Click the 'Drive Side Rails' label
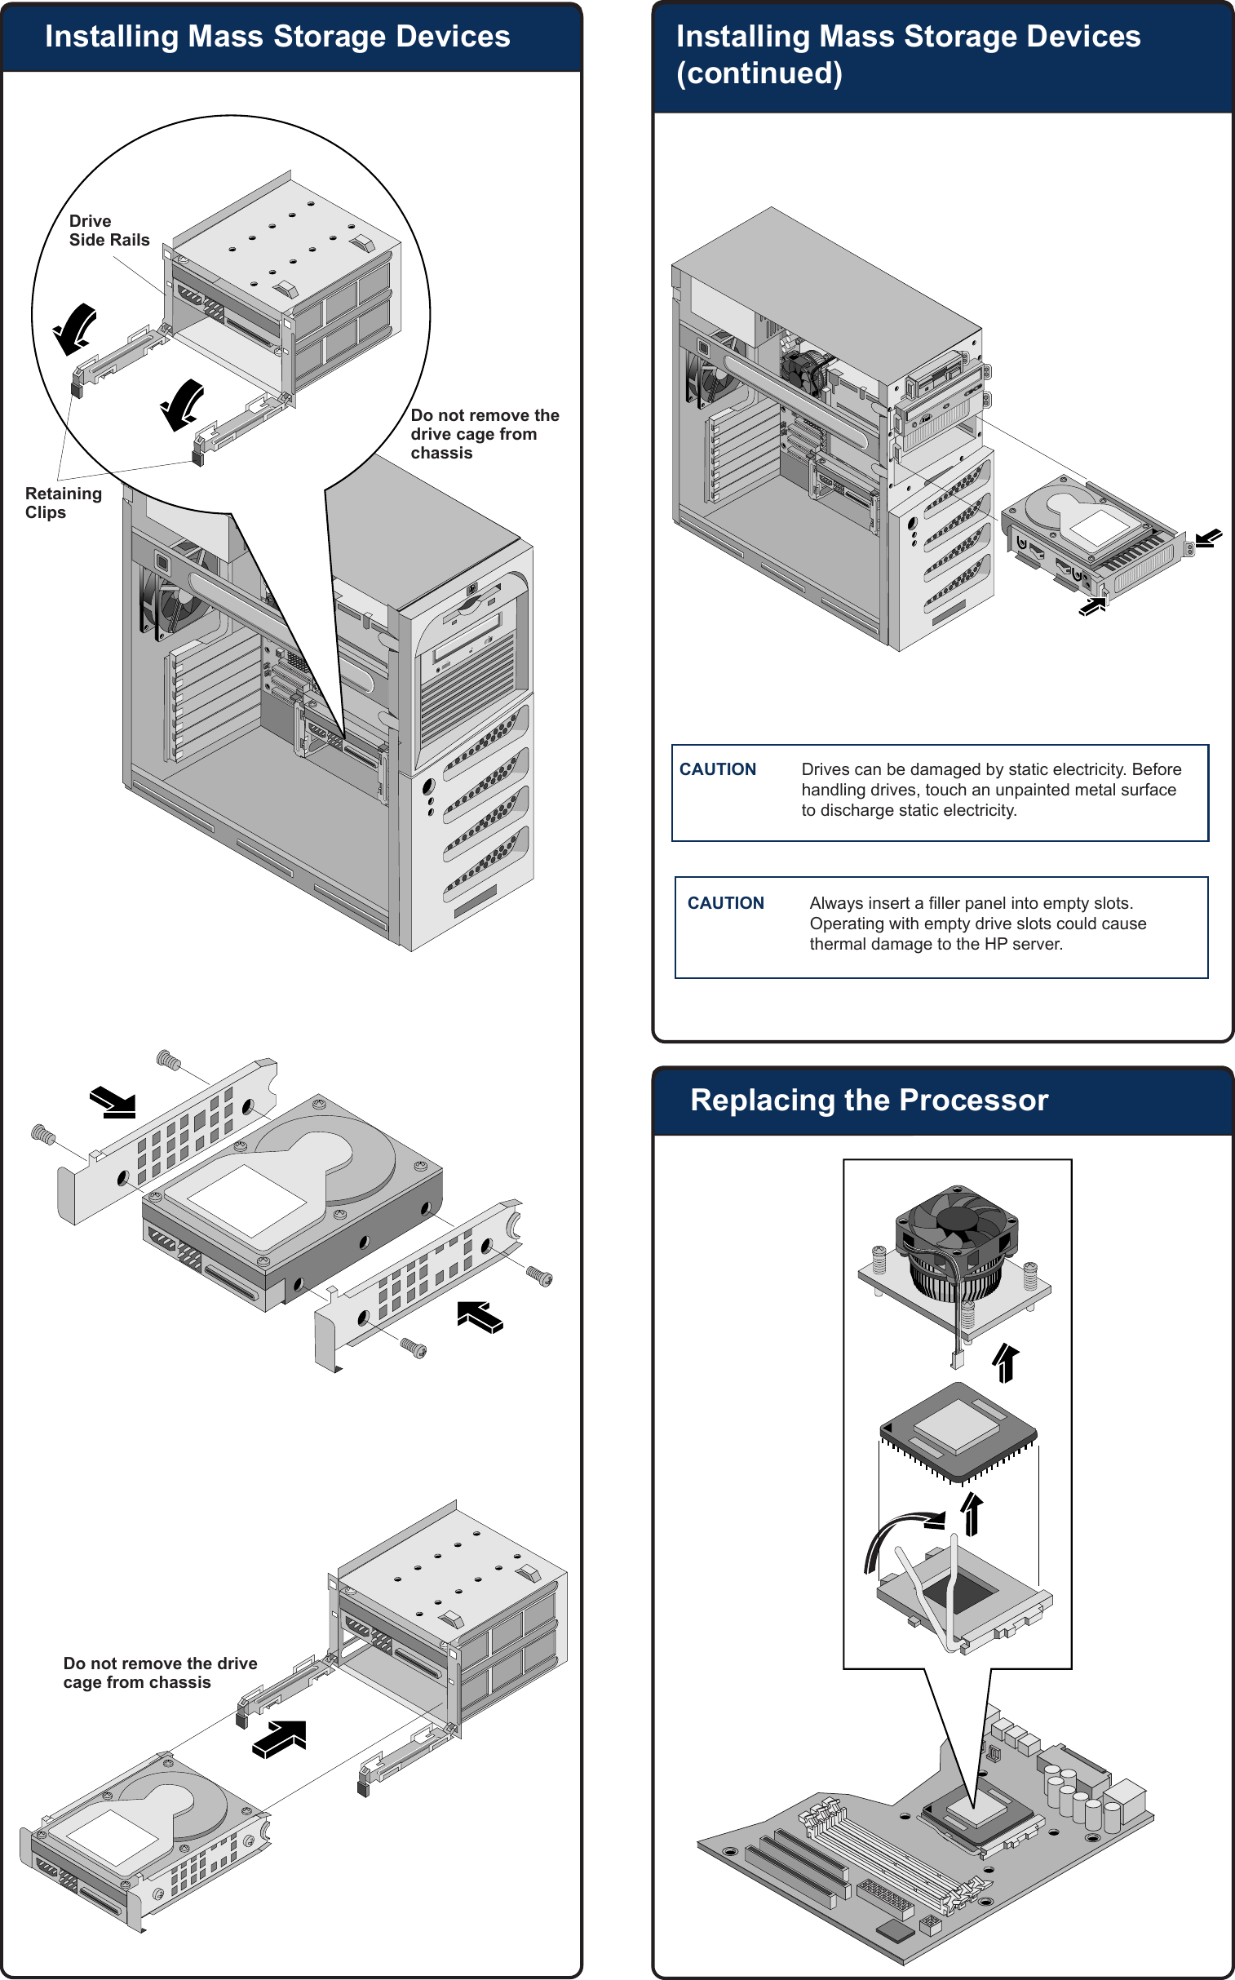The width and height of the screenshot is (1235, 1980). tap(108, 230)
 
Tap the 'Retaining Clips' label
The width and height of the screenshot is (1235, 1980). tap(63, 503)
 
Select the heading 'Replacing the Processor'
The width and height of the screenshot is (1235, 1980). tap(868, 1101)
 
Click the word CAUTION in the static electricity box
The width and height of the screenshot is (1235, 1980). tap(717, 769)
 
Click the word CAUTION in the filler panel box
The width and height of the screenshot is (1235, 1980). tap(725, 902)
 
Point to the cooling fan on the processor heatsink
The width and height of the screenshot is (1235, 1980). tap(957, 1221)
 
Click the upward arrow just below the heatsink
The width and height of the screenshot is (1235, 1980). tap(1006, 1362)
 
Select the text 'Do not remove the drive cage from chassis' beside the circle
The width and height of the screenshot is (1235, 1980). tap(484, 434)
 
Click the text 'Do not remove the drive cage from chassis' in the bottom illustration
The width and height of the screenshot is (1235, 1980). tap(159, 1672)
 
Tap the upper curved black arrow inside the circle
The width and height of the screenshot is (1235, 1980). tap(75, 328)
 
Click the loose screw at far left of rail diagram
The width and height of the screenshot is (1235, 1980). tap(42, 1134)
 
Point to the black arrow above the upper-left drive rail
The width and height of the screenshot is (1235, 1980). tap(113, 1102)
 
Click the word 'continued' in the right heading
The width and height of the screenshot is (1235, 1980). tap(759, 73)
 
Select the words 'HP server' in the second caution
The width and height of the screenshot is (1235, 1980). tap(1022, 943)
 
